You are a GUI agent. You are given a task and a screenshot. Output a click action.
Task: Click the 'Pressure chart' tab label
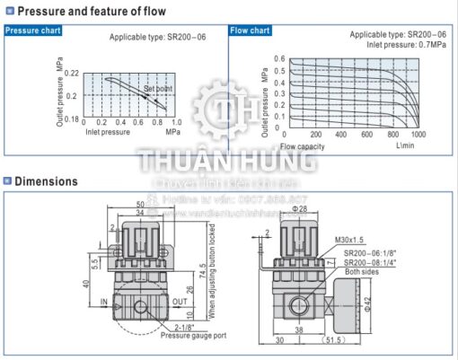(32, 31)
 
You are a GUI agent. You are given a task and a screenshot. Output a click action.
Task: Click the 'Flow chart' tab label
(251, 31)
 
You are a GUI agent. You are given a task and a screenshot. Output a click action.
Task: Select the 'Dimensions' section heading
(45, 181)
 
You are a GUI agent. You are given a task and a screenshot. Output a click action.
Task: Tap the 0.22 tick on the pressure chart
(73, 73)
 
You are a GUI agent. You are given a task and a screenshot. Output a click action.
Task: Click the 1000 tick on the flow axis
(418, 135)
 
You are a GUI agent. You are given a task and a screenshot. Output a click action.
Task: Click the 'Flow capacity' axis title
(302, 145)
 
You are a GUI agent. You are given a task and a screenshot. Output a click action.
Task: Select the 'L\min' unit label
(405, 145)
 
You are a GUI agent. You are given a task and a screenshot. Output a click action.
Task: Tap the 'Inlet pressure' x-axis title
(107, 132)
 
